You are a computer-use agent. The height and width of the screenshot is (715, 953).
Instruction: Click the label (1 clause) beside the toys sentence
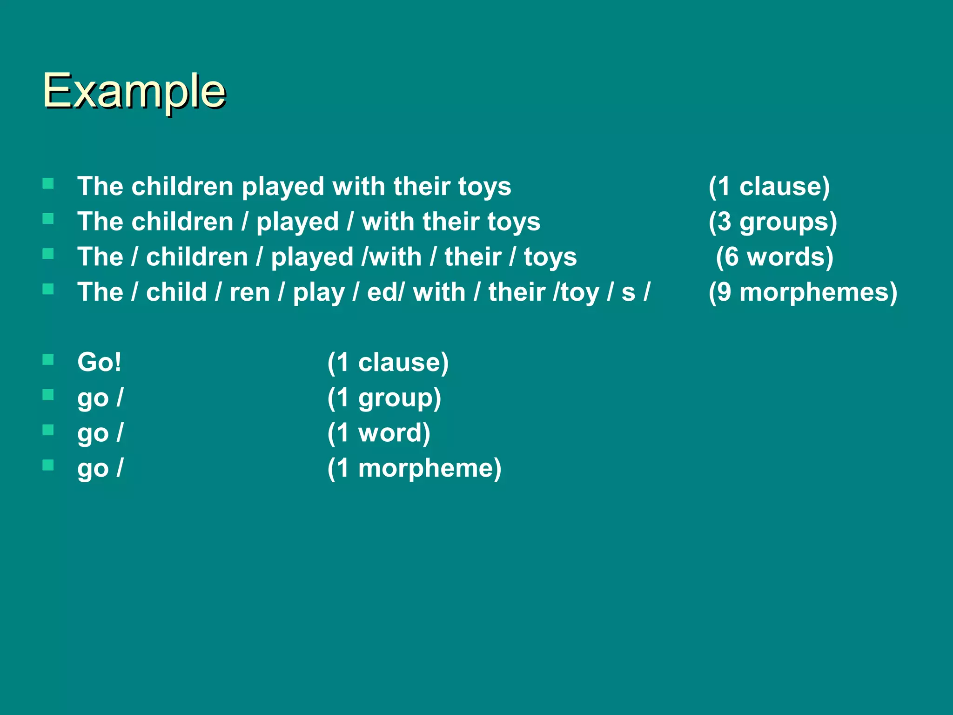coord(769,186)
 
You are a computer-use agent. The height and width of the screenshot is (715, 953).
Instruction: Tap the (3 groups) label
coord(772,222)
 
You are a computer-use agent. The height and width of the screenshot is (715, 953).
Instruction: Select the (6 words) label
coord(774,257)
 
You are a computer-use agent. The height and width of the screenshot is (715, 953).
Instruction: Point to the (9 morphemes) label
coord(803,292)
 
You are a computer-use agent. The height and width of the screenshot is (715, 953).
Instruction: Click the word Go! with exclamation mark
coord(99,362)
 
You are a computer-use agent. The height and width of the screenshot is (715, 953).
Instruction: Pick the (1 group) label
coord(384,398)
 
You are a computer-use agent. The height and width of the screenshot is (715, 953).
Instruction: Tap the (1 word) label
coord(379,433)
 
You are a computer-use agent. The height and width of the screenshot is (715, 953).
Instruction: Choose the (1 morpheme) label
coord(414,468)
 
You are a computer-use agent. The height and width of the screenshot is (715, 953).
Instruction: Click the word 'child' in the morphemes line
coord(176,292)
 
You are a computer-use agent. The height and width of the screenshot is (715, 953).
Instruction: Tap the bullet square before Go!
coord(48,359)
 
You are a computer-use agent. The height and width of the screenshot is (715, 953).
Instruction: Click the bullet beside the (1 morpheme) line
coord(48,465)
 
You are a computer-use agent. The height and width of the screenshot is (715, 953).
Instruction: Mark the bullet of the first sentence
coord(48,183)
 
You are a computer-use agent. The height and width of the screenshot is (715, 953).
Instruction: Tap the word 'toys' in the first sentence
coord(484,187)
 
